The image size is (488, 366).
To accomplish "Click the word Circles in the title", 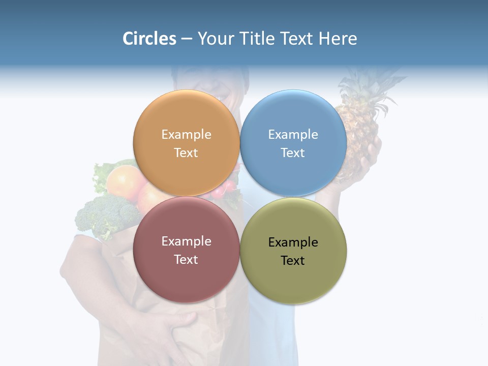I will point(149,39).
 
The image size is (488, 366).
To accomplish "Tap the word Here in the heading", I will point(338,39).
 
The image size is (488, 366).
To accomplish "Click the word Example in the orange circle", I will point(186,134).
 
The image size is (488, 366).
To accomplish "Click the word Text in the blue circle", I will point(293,153).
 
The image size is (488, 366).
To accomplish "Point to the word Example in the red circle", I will point(186,241).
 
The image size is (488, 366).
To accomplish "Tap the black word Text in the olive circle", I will point(293,260).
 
